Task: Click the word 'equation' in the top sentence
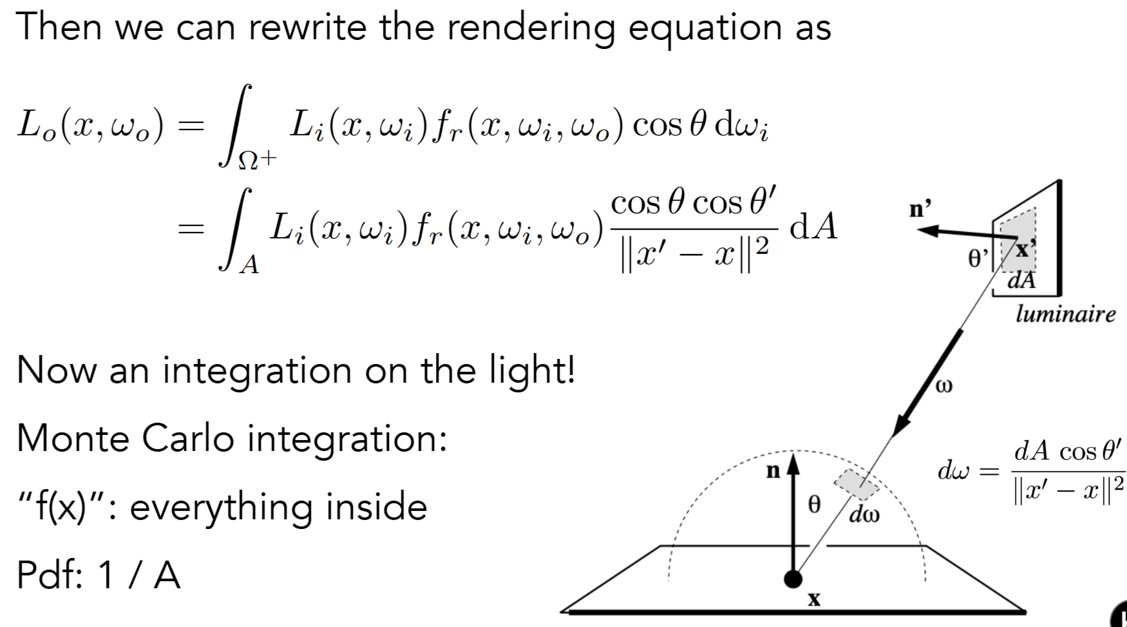pos(704,29)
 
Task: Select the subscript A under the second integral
pos(249,264)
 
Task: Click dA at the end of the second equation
pos(813,226)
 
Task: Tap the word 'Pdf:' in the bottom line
pos(50,574)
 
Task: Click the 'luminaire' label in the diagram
pos(1065,314)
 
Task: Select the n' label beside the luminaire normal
pos(920,209)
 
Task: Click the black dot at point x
pos(793,579)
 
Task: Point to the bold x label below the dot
pos(814,600)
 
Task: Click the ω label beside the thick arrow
pos(943,385)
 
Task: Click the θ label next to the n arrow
pos(815,504)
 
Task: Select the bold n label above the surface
pos(773,471)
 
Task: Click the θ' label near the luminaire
pos(977,258)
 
